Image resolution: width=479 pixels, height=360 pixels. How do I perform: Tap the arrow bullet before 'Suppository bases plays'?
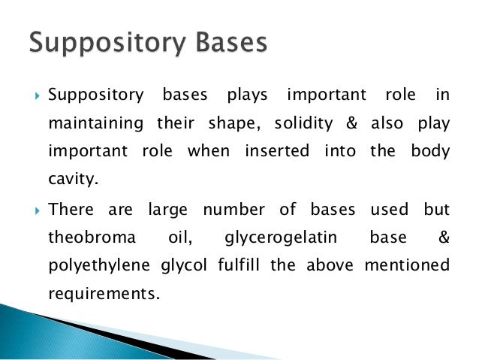click(35, 95)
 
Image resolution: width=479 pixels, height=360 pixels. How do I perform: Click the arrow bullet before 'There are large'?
click(35, 208)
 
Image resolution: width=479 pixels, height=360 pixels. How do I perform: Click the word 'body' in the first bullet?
click(429, 151)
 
